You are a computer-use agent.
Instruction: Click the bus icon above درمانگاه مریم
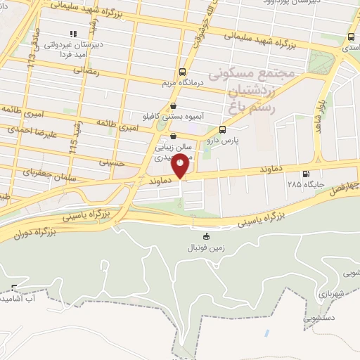point(183,72)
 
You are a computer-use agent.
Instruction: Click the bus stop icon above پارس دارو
point(223,129)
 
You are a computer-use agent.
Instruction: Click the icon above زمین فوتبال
point(206,236)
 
